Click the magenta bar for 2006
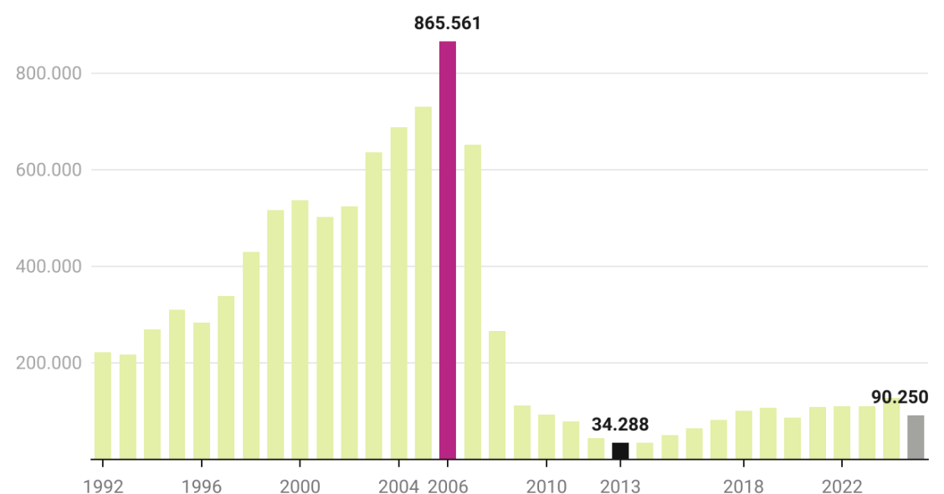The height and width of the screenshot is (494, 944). pos(448,251)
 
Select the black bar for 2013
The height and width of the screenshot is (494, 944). pos(620,451)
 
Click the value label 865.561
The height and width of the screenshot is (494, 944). pos(448,23)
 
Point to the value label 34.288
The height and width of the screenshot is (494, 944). pos(620,425)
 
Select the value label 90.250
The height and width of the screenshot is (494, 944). pos(899,397)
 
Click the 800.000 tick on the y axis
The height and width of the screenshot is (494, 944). pos(49,74)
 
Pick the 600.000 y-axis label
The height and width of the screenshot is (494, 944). pos(49,170)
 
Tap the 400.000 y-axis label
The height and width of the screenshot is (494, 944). pos(49,267)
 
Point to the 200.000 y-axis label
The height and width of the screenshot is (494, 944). pos(49,363)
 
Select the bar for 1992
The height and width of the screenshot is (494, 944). pos(103,406)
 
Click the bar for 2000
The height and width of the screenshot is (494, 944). pos(300,330)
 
